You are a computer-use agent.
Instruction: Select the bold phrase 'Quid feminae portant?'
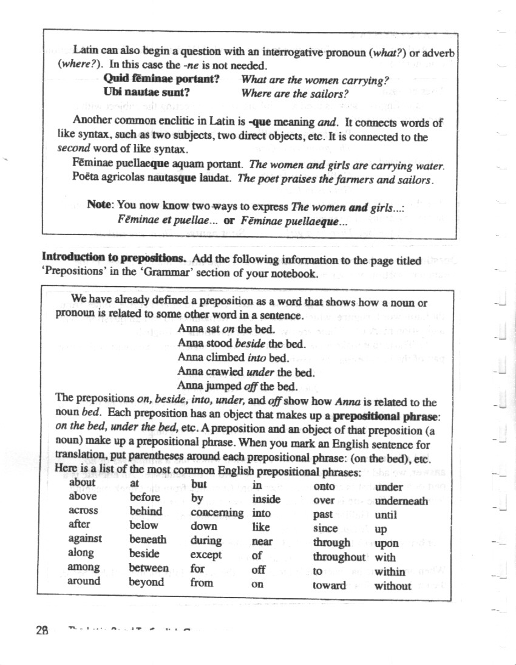161,79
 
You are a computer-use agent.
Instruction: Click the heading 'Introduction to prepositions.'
114,260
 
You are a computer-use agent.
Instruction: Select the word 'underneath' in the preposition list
401,501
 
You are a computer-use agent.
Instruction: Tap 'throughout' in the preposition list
339,557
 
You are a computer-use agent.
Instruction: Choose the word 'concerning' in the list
217,513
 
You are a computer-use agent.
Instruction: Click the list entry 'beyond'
146,582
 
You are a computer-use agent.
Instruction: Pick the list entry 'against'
85,539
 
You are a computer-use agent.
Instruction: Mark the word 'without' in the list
393,586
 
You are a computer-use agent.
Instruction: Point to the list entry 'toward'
329,586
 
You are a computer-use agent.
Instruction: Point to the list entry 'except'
206,554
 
